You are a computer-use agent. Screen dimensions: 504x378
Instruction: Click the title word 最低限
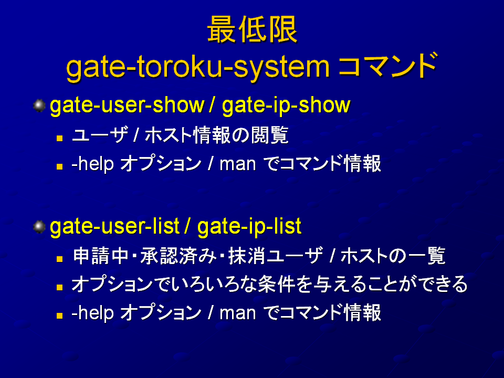[253, 29]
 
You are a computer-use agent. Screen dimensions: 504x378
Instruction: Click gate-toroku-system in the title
[198, 68]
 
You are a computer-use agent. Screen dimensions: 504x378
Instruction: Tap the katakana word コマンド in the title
[387, 66]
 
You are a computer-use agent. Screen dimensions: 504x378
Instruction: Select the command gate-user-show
[127, 106]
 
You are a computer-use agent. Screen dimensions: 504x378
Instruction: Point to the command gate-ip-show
[286, 106]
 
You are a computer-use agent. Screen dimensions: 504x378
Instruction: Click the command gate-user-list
[114, 226]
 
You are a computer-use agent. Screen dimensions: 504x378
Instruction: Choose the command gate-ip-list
[249, 226]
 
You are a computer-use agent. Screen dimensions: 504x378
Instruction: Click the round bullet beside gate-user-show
[39, 106]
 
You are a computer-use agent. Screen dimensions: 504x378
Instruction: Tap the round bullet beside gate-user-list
[39, 227]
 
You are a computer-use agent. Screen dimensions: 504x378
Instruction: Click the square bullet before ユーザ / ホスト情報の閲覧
[59, 138]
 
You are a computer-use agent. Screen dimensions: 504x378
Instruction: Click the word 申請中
[101, 256]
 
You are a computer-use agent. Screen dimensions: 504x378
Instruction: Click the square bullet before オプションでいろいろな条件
[59, 287]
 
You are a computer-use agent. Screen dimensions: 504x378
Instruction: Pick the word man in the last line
[237, 313]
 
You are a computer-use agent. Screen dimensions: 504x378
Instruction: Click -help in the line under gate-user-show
[92, 164]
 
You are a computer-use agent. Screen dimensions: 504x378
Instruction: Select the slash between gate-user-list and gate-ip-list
[187, 226]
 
